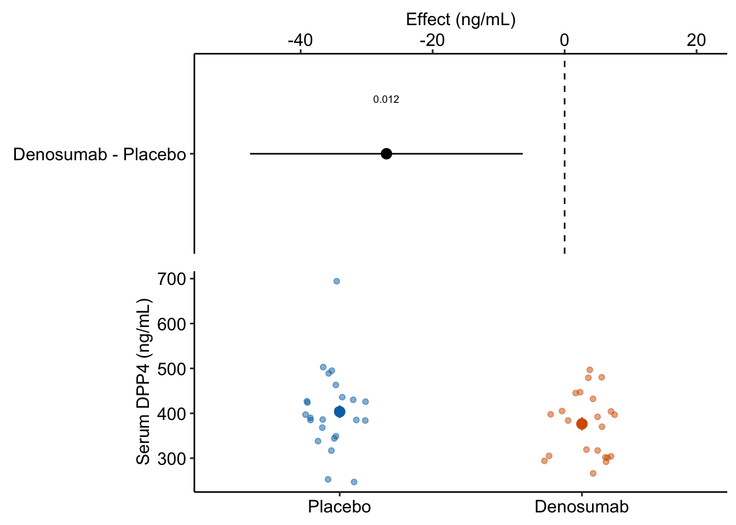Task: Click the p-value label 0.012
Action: coord(386,100)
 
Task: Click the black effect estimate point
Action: coord(386,154)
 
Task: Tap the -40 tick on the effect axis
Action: coord(300,40)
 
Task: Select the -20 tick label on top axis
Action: coord(432,40)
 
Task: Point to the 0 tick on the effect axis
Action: coord(564,40)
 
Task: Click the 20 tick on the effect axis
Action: coord(696,40)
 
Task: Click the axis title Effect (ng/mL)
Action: coord(461,20)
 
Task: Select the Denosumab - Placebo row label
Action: coord(100,155)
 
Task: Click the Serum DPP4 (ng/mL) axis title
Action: coord(143,382)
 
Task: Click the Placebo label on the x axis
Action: coord(340,507)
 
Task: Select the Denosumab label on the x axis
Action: coord(582,507)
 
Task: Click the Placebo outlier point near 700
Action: coord(337,281)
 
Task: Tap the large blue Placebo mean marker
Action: coord(340,412)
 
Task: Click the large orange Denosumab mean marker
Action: coord(582,424)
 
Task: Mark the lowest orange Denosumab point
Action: coord(593,473)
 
